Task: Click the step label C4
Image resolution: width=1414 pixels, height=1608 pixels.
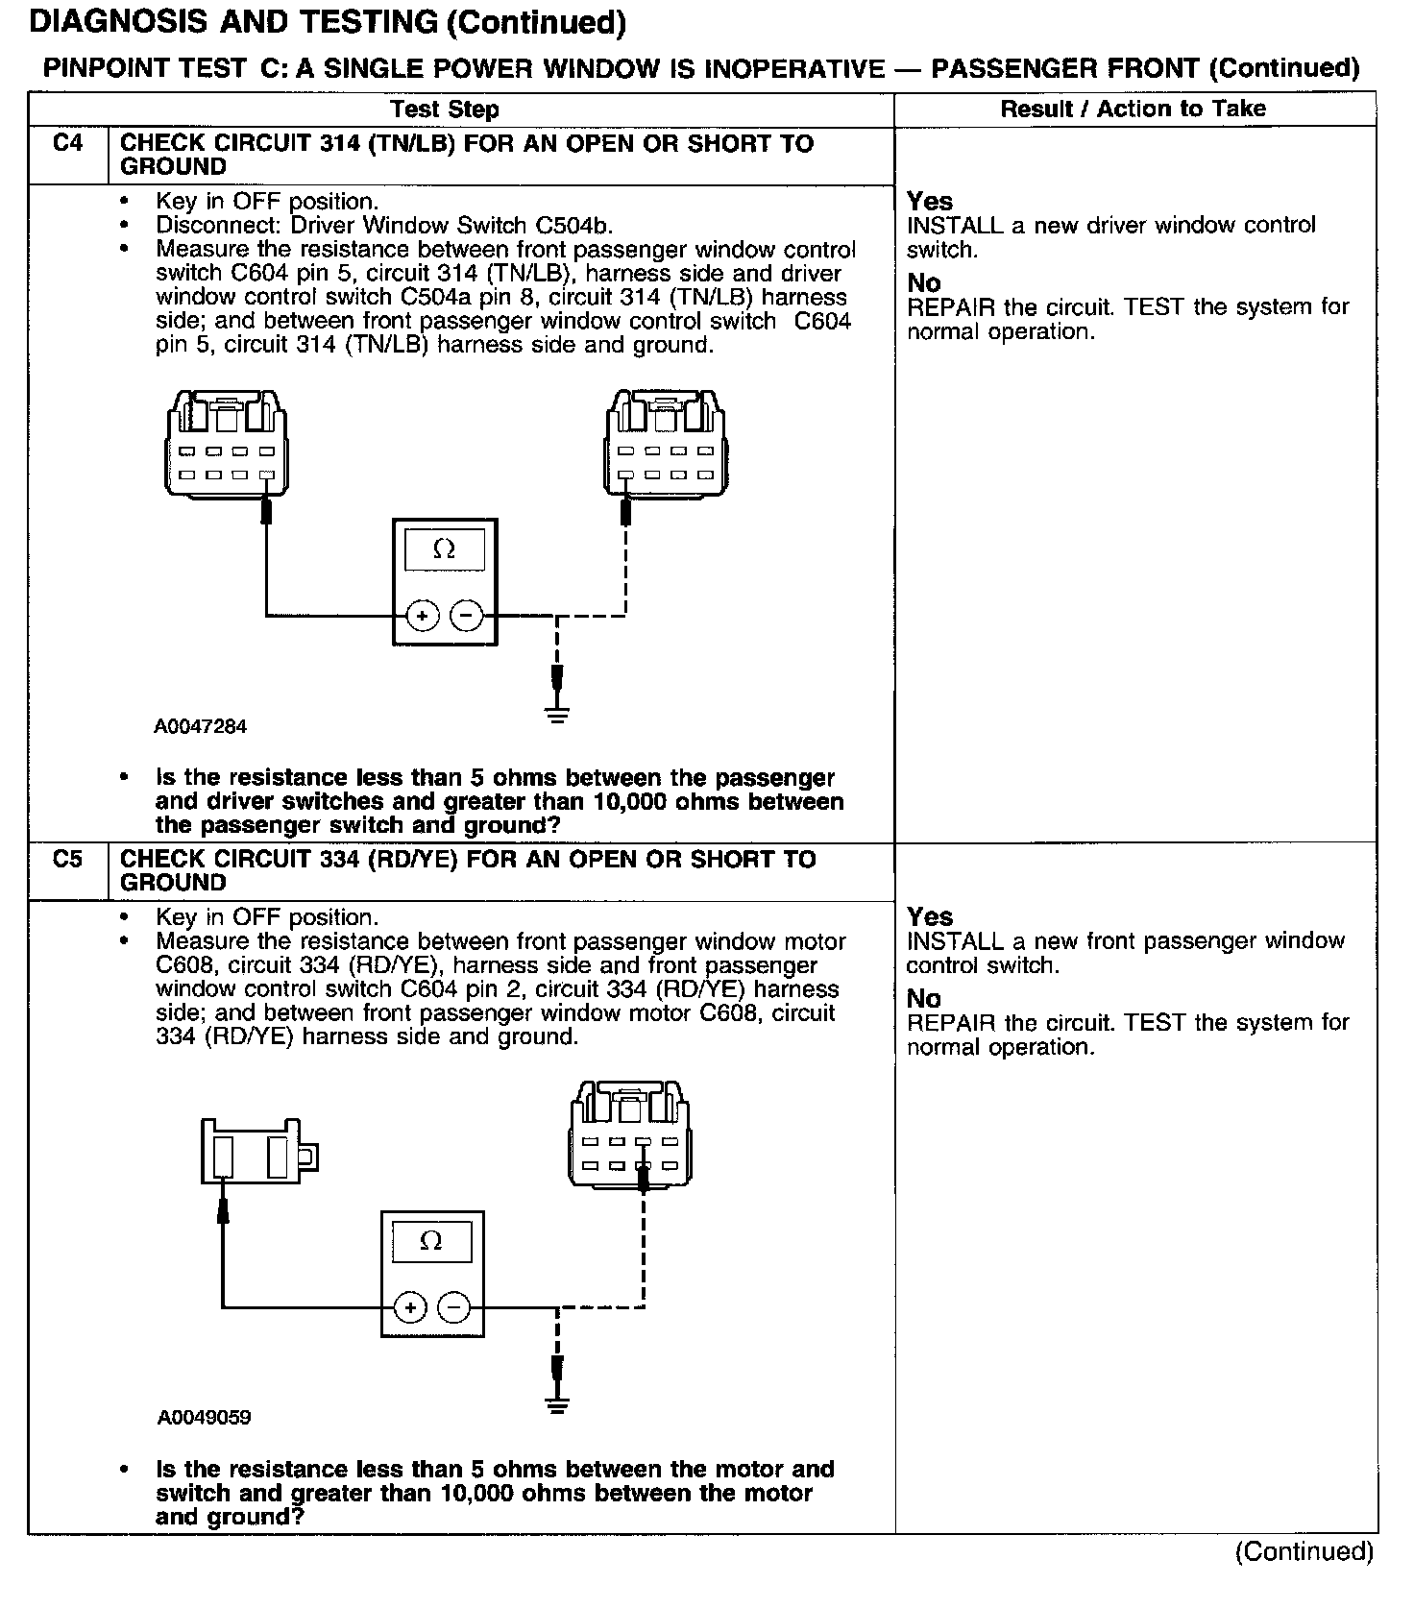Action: pyautogui.click(x=67, y=144)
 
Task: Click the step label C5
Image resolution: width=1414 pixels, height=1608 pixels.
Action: pyautogui.click(x=67, y=860)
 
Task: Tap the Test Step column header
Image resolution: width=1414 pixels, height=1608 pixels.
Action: pyautogui.click(x=445, y=110)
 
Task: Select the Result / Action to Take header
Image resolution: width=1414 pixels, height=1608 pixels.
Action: pyautogui.click(x=1134, y=109)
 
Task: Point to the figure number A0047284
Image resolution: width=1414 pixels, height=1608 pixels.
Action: pyautogui.click(x=200, y=727)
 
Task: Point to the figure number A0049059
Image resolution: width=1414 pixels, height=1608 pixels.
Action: pyautogui.click(x=204, y=1418)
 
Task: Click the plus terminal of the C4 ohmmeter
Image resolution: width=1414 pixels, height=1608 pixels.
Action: pyautogui.click(x=422, y=616)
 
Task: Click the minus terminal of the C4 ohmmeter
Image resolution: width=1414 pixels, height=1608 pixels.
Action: pyautogui.click(x=467, y=616)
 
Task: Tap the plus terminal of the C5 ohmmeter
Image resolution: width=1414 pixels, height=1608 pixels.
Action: pyautogui.click(x=410, y=1307)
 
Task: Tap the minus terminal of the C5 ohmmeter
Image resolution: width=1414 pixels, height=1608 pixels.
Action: pyautogui.click(x=454, y=1307)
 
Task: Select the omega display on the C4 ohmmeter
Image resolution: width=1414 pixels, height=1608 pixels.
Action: pyautogui.click(x=444, y=550)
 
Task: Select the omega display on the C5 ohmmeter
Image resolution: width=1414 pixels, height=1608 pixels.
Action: pyautogui.click(x=431, y=1242)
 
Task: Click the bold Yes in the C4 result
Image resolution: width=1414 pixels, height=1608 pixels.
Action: pyautogui.click(x=930, y=202)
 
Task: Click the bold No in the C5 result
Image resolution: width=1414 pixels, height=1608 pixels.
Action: pyautogui.click(x=924, y=999)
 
